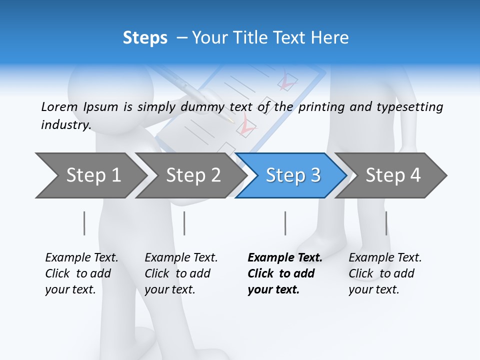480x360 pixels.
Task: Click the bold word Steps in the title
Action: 145,38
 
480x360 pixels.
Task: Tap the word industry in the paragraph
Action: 65,125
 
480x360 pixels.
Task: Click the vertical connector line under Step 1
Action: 84,223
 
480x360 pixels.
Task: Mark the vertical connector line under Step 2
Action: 184,223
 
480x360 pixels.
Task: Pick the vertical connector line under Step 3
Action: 285,223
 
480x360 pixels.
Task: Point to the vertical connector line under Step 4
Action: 386,223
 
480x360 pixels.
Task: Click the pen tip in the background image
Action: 230,120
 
